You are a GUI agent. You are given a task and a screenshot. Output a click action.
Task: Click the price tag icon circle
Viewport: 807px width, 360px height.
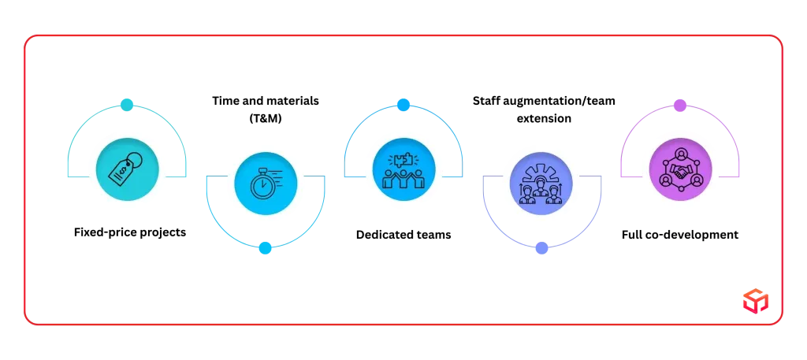[127, 169]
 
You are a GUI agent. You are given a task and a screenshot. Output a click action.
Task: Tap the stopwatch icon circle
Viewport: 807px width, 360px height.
[266, 184]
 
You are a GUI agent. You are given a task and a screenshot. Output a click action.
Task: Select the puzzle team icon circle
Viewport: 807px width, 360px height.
[403, 169]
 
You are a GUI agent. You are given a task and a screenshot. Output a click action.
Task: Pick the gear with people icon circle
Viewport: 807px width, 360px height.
[541, 184]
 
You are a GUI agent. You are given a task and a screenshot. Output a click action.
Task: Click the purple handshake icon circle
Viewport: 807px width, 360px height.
[680, 169]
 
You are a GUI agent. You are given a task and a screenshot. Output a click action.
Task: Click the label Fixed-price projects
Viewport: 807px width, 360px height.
[130, 232]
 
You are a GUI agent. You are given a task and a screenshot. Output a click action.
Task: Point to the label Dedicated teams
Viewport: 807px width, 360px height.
[403, 235]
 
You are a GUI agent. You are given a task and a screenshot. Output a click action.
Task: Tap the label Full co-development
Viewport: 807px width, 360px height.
[680, 235]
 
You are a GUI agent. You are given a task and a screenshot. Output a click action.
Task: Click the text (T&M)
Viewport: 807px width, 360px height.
[266, 118]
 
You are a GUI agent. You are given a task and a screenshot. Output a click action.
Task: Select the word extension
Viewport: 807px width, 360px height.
[544, 118]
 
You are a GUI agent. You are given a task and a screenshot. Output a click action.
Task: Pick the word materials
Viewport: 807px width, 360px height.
[292, 100]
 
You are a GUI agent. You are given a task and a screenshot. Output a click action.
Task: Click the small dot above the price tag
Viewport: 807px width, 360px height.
[127, 105]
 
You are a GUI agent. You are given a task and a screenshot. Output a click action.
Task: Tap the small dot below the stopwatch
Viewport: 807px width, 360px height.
[265, 248]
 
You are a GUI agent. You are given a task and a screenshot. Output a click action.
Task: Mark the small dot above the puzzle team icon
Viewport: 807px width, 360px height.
[403, 105]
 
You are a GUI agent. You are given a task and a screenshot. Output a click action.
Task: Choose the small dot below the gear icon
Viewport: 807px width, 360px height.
[541, 248]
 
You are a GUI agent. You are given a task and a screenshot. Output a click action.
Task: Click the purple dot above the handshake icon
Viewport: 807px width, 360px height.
[680, 106]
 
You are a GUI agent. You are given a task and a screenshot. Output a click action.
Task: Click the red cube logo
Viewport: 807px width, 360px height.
[756, 300]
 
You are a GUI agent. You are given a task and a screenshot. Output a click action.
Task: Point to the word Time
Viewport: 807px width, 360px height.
[225, 100]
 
